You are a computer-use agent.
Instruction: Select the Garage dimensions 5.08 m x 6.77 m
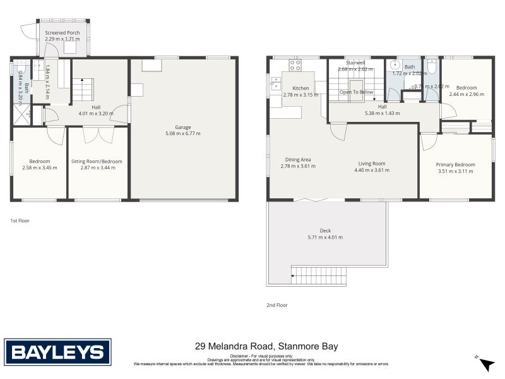[x=183, y=133]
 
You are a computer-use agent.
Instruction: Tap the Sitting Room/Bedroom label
[x=97, y=162]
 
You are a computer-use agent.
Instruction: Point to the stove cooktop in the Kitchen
[x=295, y=63]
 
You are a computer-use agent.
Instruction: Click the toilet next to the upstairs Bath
[x=432, y=66]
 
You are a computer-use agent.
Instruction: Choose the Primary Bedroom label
[x=455, y=165]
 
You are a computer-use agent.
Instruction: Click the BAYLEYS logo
[x=57, y=351]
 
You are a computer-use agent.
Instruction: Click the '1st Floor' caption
[x=20, y=221]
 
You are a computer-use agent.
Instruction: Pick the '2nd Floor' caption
[x=276, y=305]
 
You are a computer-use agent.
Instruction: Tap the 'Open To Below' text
[x=356, y=92]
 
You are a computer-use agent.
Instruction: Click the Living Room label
[x=369, y=164]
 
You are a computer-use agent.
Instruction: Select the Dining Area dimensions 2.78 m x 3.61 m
[x=298, y=166]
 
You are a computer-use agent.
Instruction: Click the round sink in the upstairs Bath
[x=396, y=64]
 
